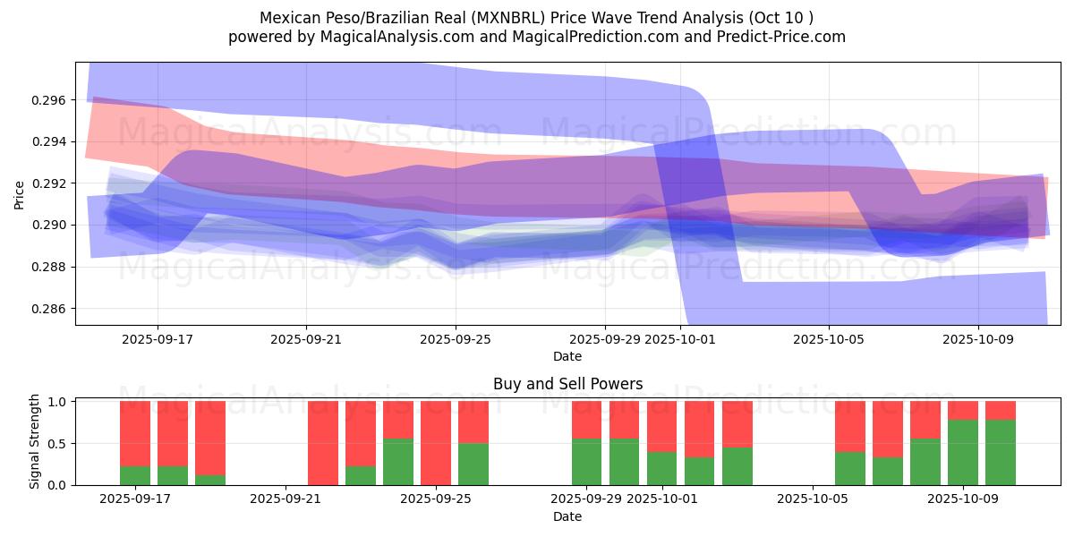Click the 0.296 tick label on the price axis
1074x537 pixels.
point(50,100)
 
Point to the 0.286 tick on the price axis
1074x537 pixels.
point(50,309)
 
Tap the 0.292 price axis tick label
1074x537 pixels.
point(50,183)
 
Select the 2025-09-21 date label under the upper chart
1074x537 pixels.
point(306,340)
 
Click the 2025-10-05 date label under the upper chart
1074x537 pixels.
point(829,340)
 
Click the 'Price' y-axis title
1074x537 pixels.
point(20,194)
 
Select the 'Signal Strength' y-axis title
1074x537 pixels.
point(35,441)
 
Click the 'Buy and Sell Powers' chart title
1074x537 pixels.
point(567,384)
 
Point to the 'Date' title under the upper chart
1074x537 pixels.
point(567,356)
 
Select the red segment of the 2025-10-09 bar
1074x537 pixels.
point(963,410)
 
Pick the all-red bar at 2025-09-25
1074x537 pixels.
point(436,443)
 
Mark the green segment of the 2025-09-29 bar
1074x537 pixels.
point(587,462)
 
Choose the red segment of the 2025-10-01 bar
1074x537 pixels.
point(662,426)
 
